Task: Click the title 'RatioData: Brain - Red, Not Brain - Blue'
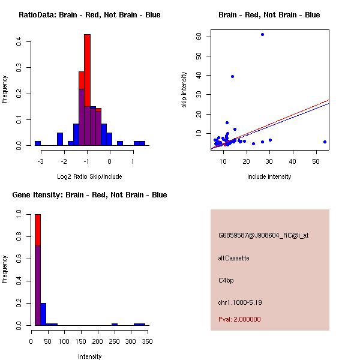click(x=89, y=14)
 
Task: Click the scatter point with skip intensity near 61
click(x=262, y=34)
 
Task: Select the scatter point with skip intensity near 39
click(x=232, y=76)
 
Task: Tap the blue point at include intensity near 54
click(x=325, y=142)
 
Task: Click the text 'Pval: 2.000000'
click(x=239, y=319)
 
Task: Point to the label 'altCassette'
click(x=233, y=258)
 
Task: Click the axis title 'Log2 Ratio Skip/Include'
click(x=89, y=176)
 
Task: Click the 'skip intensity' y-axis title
click(x=185, y=90)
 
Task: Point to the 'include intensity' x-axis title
click(x=269, y=176)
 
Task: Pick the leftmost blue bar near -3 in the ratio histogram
click(x=37, y=143)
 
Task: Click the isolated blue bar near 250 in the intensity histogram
click(x=114, y=324)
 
